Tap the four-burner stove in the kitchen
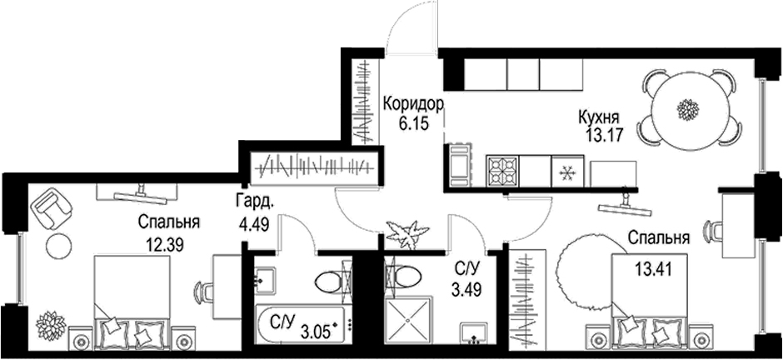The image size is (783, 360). point(503,172)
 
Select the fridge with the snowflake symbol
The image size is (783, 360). point(569,172)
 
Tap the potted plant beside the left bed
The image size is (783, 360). point(50,322)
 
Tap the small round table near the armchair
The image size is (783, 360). point(58,245)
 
